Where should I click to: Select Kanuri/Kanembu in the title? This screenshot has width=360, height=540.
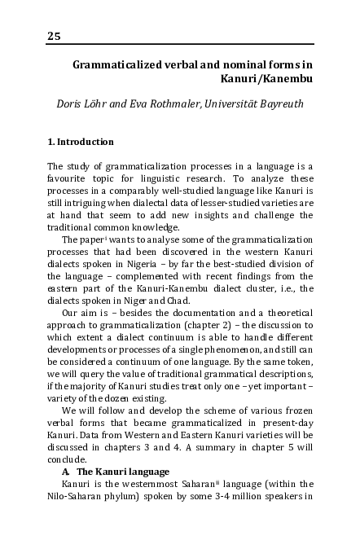(x=267, y=79)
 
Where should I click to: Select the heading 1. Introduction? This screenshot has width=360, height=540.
(x=80, y=142)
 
